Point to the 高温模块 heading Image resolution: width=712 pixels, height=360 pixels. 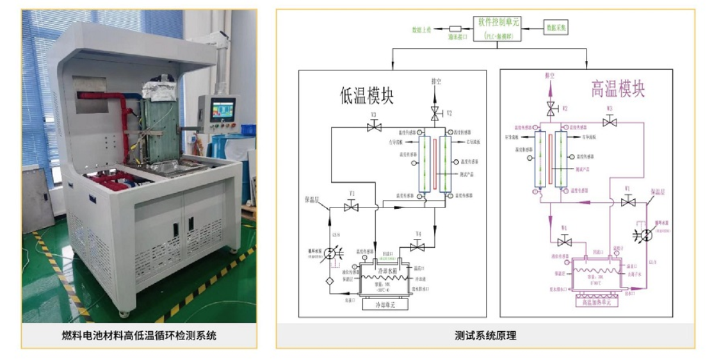[x=617, y=89]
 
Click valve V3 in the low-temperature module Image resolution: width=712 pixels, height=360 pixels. [x=374, y=127]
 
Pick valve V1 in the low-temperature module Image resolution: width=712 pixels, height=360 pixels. [x=351, y=207]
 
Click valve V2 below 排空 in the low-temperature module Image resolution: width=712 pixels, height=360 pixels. [x=435, y=113]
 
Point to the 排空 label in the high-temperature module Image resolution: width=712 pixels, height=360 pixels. [x=549, y=76]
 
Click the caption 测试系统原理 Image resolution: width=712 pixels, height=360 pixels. [x=485, y=335]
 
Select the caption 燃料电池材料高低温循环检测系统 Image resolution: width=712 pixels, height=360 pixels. [x=139, y=335]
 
